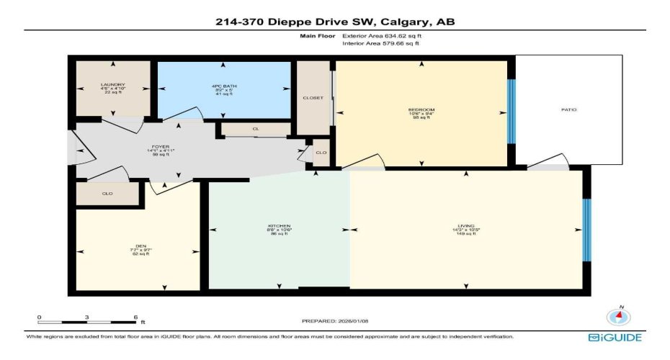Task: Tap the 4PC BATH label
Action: click(x=225, y=86)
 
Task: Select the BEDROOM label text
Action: click(x=421, y=110)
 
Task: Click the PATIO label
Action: click(x=569, y=110)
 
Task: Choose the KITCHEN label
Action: click(x=279, y=226)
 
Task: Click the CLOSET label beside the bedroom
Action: click(x=313, y=98)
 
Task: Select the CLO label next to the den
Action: click(x=107, y=194)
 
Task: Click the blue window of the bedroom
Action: click(x=512, y=112)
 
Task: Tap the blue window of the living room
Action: click(x=586, y=230)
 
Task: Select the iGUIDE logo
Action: click(x=615, y=337)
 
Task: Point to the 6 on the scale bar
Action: click(x=134, y=317)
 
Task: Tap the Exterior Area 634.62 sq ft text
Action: click(x=383, y=35)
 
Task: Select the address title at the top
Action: click(x=335, y=22)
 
